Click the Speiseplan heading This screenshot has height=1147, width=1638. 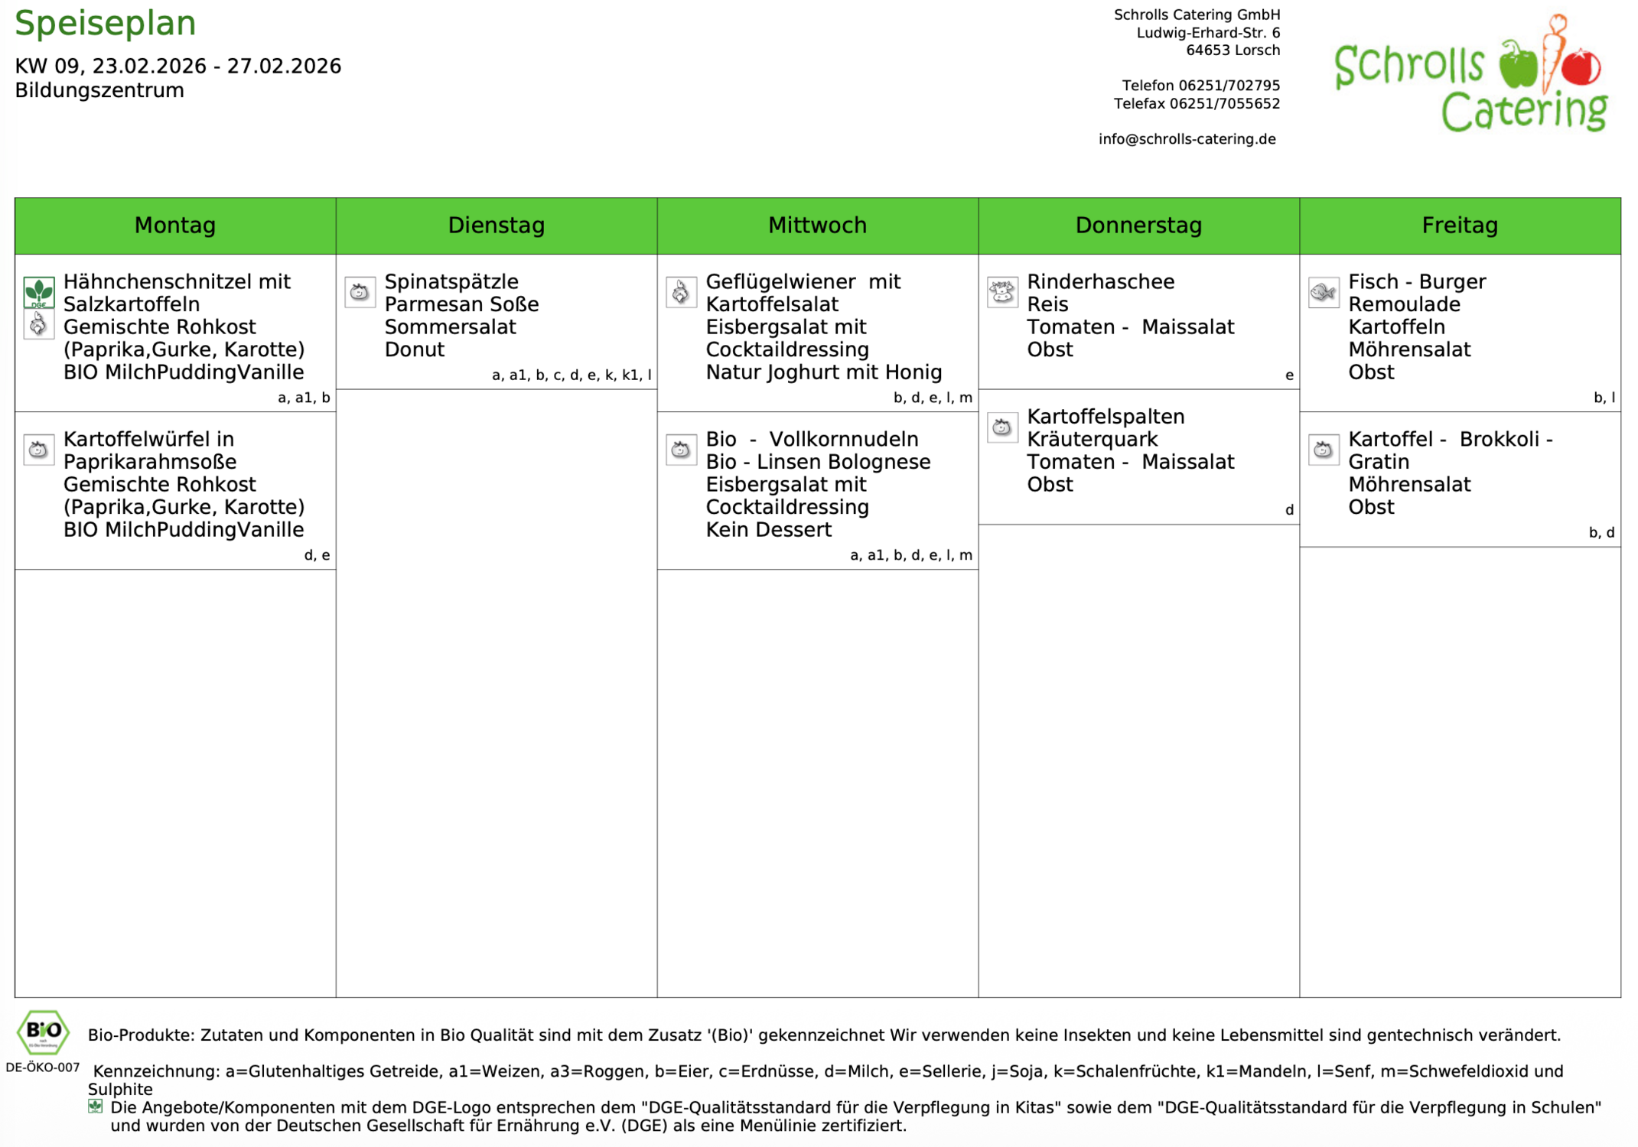coord(105,23)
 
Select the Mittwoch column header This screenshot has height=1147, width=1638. coord(817,225)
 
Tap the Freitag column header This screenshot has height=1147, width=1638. coord(1459,225)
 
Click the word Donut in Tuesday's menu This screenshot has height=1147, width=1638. coord(414,349)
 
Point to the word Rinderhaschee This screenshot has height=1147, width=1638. coord(1099,281)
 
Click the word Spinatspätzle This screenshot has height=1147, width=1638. coord(451,281)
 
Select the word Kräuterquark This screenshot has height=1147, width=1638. coord(1092,439)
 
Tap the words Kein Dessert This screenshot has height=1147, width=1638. coord(768,529)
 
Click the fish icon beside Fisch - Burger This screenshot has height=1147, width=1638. coord(1323,292)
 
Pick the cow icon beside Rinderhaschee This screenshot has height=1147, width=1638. coord(1001,292)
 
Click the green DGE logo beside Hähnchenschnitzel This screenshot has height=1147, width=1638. coord(38,292)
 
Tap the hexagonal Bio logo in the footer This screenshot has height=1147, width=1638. coord(44,1032)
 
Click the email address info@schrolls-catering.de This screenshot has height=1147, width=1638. coord(1187,139)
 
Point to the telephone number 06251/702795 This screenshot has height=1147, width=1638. coord(1229,86)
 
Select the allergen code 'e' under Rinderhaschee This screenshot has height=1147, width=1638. coord(1289,375)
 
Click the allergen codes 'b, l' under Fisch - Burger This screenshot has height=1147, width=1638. coord(1604,398)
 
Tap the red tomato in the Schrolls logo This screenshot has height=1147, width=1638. coord(1581,66)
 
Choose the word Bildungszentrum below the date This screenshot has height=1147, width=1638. coord(99,90)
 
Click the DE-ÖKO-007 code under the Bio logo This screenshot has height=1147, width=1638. coord(43,1067)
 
